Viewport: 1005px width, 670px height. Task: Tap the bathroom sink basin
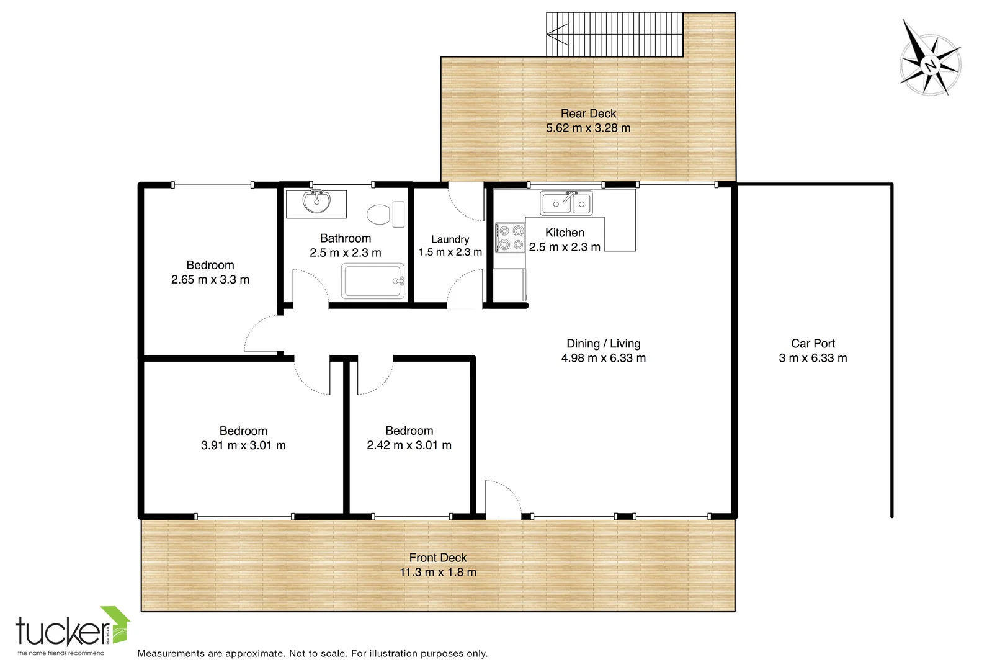click(x=316, y=203)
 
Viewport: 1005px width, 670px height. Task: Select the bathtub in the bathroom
click(x=373, y=281)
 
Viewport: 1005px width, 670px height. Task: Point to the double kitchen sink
click(x=566, y=203)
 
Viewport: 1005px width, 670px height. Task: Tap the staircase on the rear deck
click(x=614, y=34)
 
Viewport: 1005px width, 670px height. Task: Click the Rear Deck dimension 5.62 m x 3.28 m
click(x=588, y=128)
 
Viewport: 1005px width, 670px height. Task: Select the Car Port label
click(x=813, y=344)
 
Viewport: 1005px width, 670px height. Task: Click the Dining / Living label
click(x=603, y=344)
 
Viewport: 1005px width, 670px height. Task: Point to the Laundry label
click(x=450, y=239)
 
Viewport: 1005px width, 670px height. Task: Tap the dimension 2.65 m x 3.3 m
click(x=210, y=280)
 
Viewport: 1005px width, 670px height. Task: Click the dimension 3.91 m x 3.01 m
click(x=243, y=445)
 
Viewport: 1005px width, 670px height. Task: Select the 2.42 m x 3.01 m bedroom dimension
click(x=409, y=445)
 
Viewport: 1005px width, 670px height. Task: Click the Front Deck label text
click(x=437, y=558)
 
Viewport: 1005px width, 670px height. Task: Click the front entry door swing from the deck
click(x=502, y=500)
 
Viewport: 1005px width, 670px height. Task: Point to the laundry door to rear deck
click(x=466, y=202)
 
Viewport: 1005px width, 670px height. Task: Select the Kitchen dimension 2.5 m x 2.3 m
click(x=565, y=247)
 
